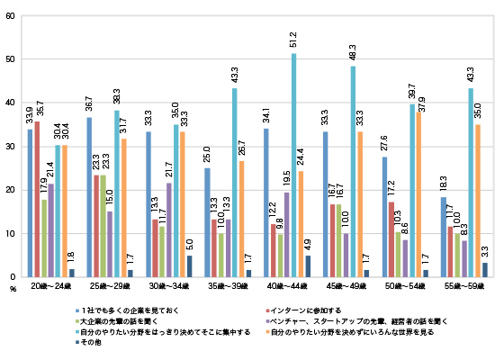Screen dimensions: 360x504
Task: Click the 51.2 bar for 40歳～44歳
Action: click(x=293, y=166)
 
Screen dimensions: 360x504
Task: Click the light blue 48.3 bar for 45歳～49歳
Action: click(x=353, y=172)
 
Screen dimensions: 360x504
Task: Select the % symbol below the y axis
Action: click(x=13, y=289)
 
